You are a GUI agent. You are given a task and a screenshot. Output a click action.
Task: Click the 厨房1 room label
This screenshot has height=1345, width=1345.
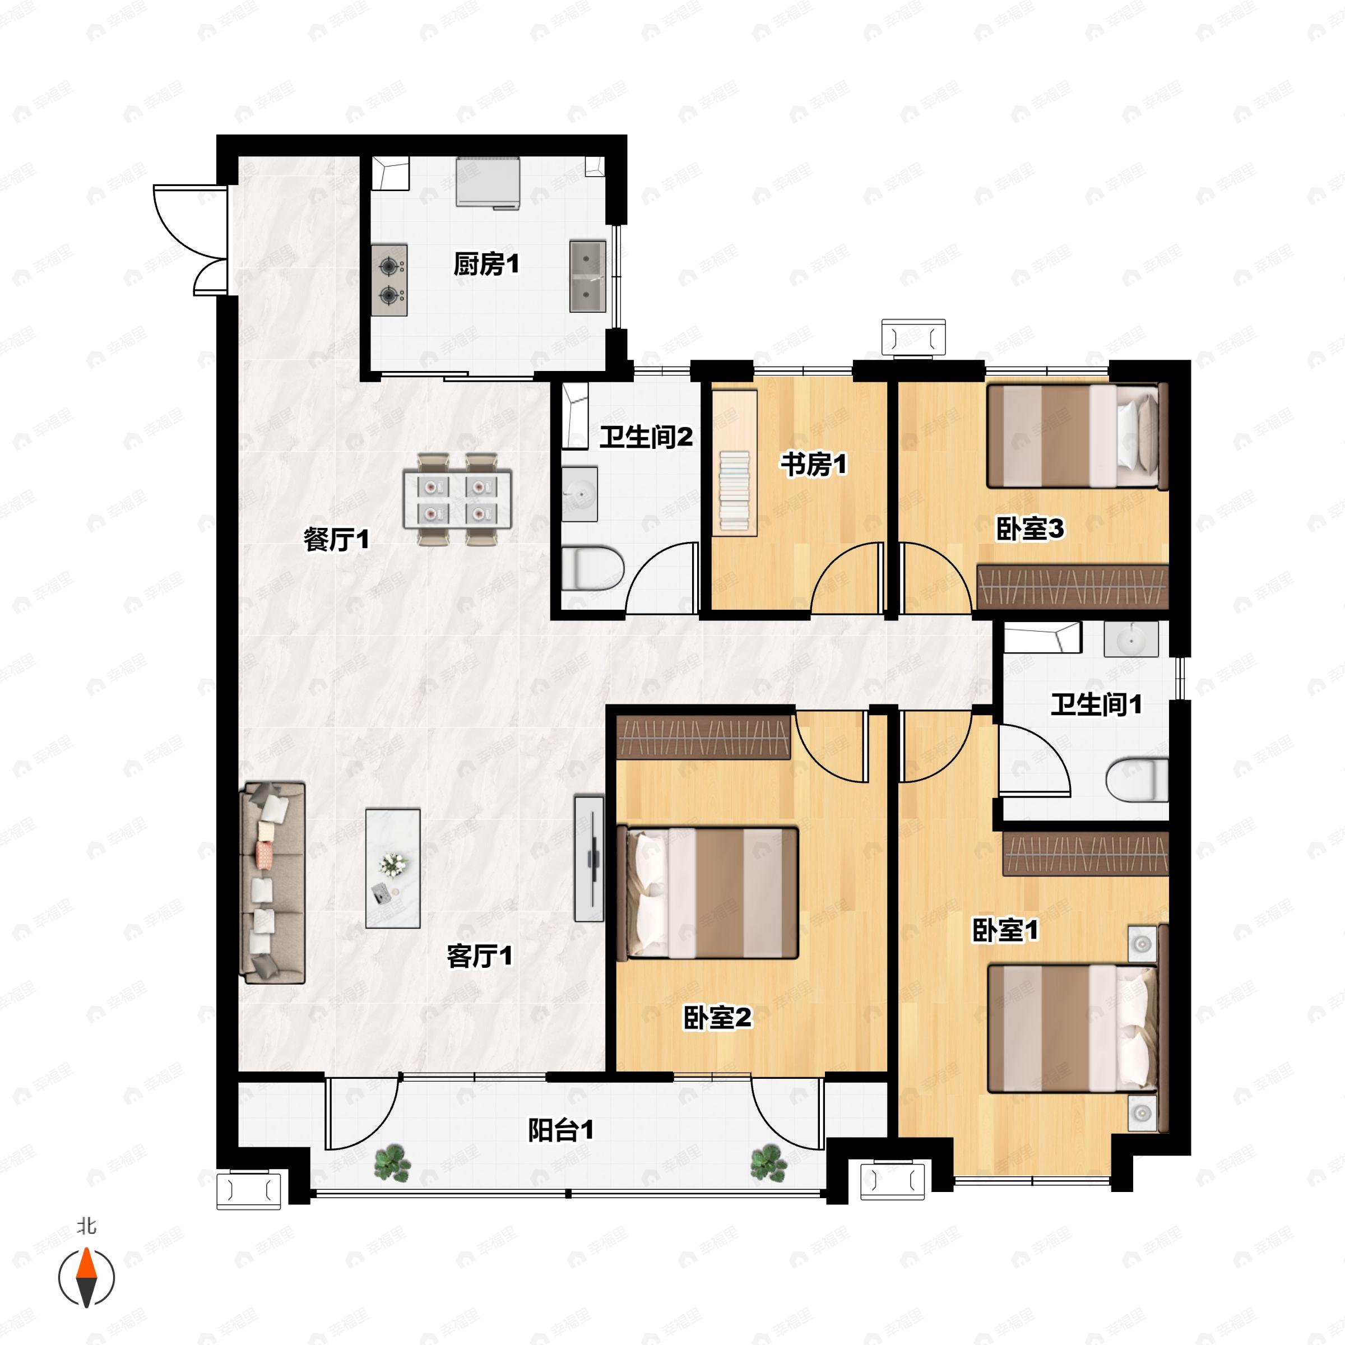click(486, 265)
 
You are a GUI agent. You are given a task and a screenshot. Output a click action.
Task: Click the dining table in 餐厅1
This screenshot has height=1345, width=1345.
click(457, 499)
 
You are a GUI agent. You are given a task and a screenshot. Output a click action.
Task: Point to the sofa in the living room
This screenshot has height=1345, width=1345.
click(272, 883)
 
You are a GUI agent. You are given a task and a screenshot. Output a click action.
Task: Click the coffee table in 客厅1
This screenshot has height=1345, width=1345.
click(393, 868)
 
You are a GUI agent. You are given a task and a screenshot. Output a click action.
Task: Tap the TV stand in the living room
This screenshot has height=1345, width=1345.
click(589, 859)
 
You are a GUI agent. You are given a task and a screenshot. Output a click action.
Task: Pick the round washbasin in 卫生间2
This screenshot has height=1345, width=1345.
click(579, 494)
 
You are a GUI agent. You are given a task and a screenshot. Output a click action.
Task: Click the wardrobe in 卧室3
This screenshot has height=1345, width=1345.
click(1072, 587)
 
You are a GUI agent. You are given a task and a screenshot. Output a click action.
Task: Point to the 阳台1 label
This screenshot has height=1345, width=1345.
click(560, 1130)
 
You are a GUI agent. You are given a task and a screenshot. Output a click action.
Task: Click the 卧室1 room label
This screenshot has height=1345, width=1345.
click(1005, 931)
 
